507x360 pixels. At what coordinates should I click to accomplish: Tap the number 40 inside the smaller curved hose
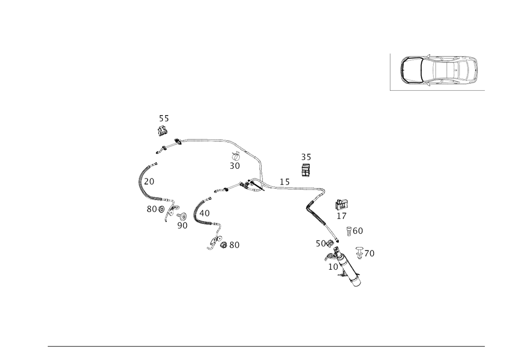(x=206, y=213)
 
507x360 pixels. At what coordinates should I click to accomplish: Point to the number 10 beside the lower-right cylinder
(x=333, y=266)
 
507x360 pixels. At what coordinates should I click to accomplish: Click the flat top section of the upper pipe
(x=203, y=139)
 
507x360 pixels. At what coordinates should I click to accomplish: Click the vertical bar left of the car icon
(x=390, y=71)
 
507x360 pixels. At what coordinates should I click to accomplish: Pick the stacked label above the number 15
(x=306, y=164)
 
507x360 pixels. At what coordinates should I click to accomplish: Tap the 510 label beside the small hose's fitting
(x=230, y=245)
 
